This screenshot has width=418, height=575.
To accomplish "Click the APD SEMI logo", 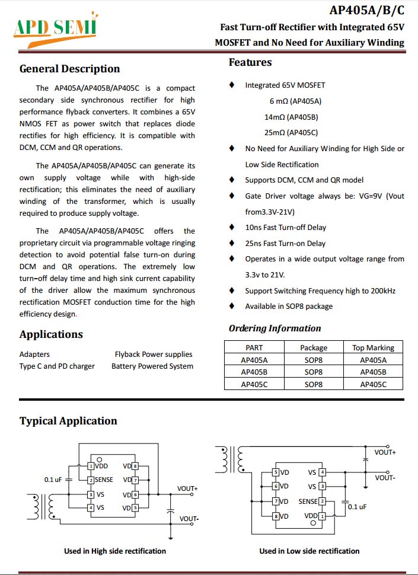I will [57, 27].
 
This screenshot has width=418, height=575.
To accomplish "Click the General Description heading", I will [69, 69].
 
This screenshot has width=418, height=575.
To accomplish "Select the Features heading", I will [250, 62].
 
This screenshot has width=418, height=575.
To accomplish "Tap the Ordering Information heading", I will [275, 328].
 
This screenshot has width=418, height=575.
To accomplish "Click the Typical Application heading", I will [68, 421].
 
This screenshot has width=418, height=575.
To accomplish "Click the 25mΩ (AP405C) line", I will [291, 133].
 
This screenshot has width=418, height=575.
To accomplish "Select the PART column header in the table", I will [254, 348].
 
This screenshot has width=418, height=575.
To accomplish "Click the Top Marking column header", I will [373, 348].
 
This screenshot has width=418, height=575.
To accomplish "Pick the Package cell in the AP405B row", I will [314, 372].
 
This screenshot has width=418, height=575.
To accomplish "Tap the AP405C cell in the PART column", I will [254, 384].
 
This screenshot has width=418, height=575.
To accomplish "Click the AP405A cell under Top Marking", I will [373, 360].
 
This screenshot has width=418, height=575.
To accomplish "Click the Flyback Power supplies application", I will [154, 354].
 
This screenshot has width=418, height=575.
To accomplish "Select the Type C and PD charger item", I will [57, 366].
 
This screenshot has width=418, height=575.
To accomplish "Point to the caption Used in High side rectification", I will [115, 551].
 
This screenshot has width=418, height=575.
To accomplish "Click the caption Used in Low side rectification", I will [309, 551].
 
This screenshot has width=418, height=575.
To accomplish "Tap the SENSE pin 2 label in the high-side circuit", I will [103, 480].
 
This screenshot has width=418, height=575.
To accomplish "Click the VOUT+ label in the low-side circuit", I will [385, 453].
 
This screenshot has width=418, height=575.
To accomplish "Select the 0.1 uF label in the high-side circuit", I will [53, 479].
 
